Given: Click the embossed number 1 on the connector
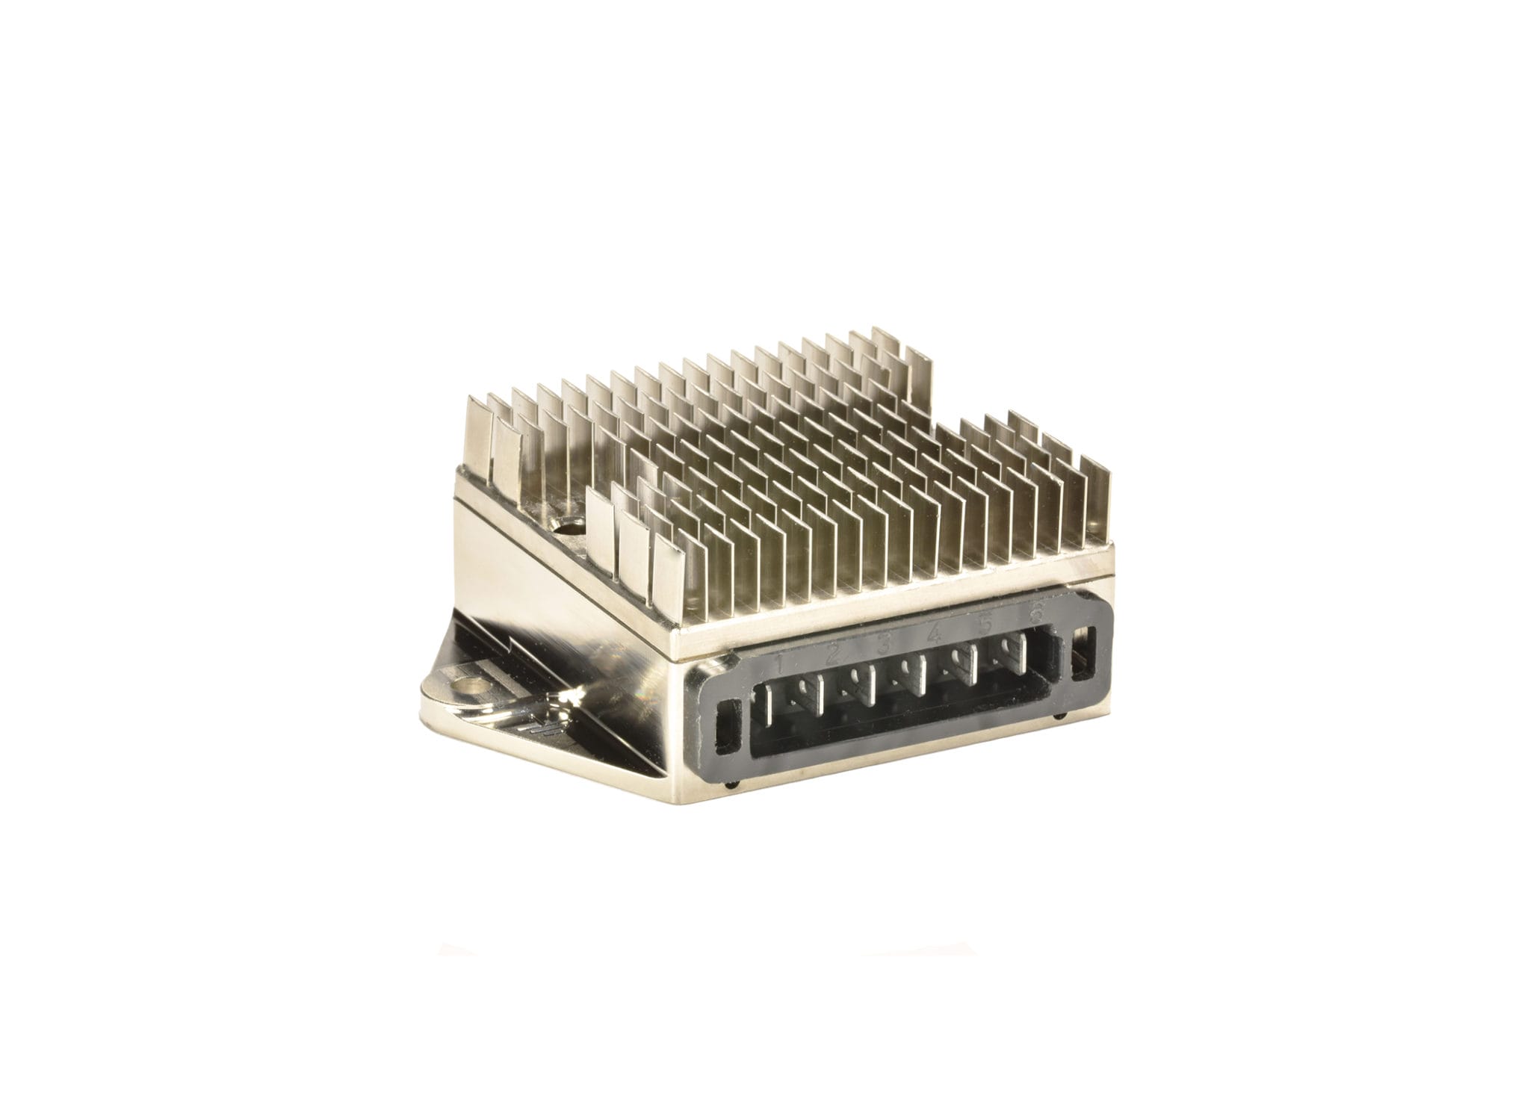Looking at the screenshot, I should [x=779, y=662].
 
